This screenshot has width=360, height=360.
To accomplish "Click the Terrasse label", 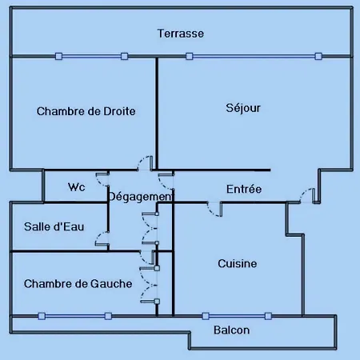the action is [181, 34].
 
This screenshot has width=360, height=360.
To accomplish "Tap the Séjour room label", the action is [243, 108].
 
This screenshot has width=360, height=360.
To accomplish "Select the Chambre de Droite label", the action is [86, 111].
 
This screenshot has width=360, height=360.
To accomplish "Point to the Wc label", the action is [77, 187].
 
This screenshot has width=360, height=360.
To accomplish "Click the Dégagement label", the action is [141, 197].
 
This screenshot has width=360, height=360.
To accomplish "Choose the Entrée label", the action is [244, 189].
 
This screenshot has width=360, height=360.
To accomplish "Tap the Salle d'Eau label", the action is [54, 226].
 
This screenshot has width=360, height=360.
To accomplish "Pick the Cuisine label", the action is [238, 264].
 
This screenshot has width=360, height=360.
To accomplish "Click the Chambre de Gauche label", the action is [78, 284].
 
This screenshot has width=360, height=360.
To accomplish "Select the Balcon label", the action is [232, 330].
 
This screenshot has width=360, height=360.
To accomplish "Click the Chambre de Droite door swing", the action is [144, 162].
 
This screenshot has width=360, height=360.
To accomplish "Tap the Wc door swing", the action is [103, 179].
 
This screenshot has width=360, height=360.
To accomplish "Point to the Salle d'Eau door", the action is [102, 238].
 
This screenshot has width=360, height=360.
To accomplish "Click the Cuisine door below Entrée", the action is [214, 210].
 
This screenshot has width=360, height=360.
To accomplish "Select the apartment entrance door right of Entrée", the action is [307, 195].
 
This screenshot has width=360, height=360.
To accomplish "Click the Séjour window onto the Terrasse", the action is [254, 56].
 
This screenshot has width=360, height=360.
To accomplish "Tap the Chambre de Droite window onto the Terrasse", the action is [91, 56].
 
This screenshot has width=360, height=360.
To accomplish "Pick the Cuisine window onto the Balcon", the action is [237, 316].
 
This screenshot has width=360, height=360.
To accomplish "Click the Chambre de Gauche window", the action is [74, 316].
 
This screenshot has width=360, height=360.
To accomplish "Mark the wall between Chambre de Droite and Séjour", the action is [157, 113].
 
